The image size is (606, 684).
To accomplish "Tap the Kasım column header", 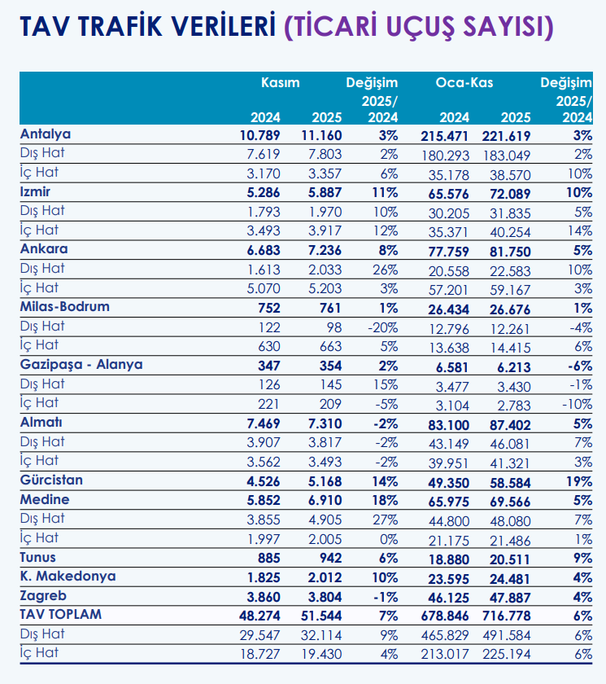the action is [x=280, y=82].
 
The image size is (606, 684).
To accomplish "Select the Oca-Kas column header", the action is [x=464, y=82].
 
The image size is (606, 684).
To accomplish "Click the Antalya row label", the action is [x=46, y=134].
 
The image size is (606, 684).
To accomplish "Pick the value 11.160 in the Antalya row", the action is [x=321, y=135].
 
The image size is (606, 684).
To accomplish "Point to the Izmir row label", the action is [x=35, y=191].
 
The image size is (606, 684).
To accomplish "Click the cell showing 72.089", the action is [x=510, y=194].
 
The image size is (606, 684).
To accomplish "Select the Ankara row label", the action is [x=44, y=249].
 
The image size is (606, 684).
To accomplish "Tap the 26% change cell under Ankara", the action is [x=385, y=270].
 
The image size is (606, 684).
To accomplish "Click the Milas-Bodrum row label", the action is [x=65, y=307].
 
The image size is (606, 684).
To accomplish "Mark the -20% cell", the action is [x=382, y=327].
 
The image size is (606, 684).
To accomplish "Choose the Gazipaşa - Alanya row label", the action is [x=81, y=365].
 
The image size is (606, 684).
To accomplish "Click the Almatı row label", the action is [x=41, y=423].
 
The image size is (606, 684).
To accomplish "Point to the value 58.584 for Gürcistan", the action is [x=510, y=483].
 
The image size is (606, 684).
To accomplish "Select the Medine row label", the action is [x=45, y=499].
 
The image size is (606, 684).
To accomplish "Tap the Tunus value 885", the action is [x=268, y=558].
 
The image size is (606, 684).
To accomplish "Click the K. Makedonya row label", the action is [x=68, y=577].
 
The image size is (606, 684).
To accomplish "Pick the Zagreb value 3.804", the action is [x=325, y=597].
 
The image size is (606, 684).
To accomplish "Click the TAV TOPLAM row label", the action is [x=60, y=614].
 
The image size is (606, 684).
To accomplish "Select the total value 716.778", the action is [x=507, y=616].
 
